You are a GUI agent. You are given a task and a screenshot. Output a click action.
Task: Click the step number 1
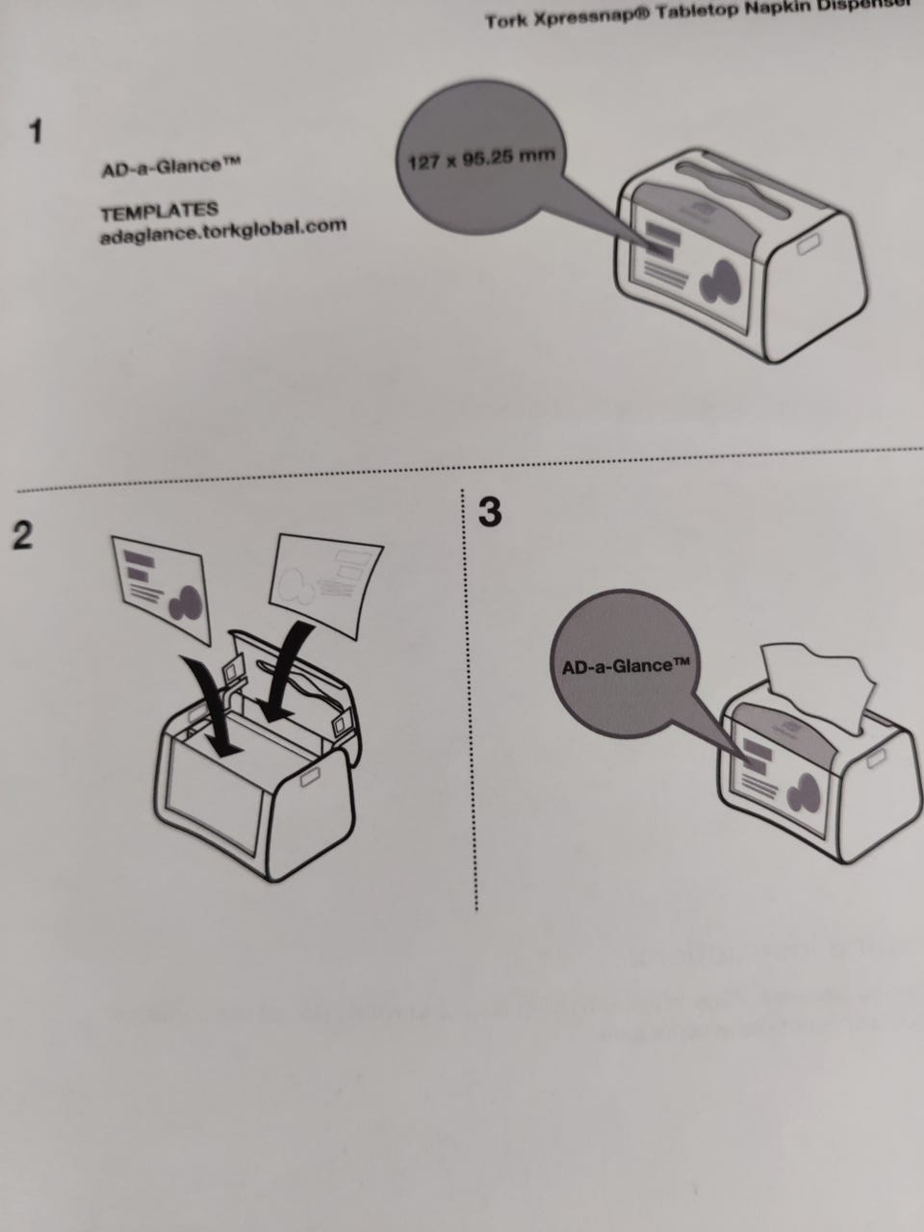pos(36,132)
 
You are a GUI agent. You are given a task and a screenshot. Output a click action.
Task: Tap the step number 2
pos(21,536)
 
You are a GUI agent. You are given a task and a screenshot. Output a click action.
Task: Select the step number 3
pos(490,513)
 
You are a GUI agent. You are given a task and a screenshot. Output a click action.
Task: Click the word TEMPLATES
pos(160,211)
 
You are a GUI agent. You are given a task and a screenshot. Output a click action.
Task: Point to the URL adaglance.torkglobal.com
pos(222,230)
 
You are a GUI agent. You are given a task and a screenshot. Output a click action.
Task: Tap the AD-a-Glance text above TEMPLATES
pos(169,168)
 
